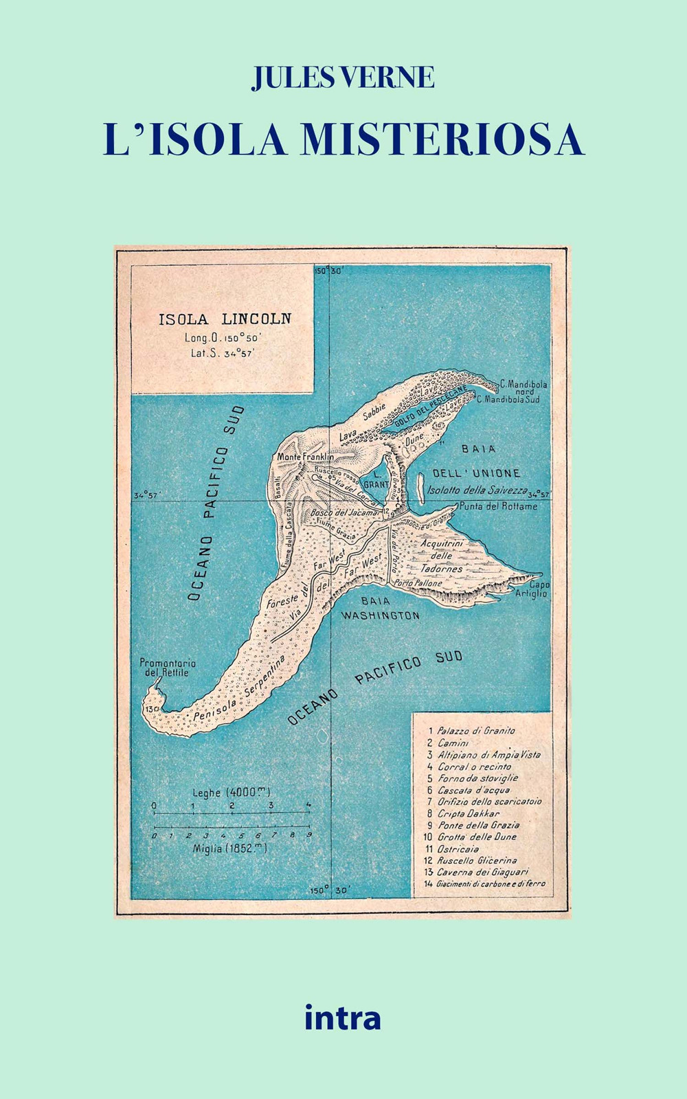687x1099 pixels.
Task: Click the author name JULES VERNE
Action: point(343,77)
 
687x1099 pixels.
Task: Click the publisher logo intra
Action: point(342,1017)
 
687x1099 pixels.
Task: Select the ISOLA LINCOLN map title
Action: point(225,319)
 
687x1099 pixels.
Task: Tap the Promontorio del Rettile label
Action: point(168,668)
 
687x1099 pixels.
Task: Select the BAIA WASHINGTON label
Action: point(380,609)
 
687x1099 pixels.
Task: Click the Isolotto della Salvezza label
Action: point(477,490)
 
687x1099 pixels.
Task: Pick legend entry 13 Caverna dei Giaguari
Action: point(482,872)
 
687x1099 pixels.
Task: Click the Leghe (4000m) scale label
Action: point(232,792)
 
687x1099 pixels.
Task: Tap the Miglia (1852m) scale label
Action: point(229,848)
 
